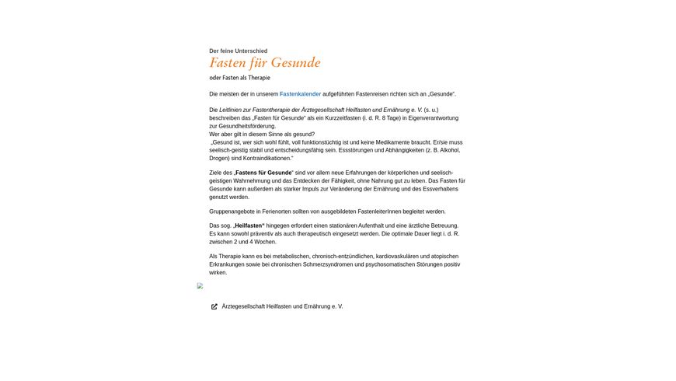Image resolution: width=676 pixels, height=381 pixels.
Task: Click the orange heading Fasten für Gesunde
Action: pyautogui.click(x=264, y=63)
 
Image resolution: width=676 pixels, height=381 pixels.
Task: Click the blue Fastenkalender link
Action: pyautogui.click(x=300, y=94)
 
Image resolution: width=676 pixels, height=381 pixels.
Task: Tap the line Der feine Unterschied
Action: pyautogui.click(x=238, y=51)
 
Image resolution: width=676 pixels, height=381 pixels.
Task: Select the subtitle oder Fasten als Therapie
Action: pyautogui.click(x=239, y=78)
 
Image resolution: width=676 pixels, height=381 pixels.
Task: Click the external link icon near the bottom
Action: pyautogui.click(x=214, y=306)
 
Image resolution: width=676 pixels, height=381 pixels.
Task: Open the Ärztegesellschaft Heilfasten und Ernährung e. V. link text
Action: pyautogui.click(x=282, y=306)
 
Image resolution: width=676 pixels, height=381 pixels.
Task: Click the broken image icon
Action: pyautogui.click(x=200, y=286)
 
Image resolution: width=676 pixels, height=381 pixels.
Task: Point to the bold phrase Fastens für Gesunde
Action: pyautogui.click(x=263, y=173)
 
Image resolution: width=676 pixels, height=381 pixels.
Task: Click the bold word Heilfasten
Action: pyautogui.click(x=248, y=225)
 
